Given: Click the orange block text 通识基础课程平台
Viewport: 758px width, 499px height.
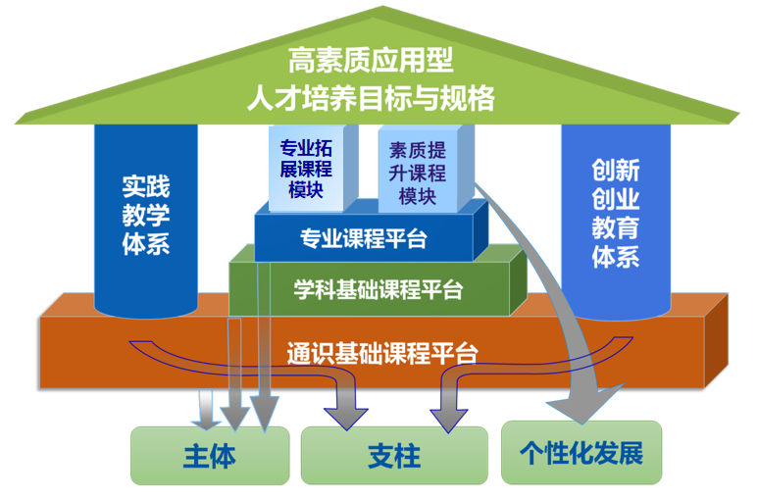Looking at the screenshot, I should tap(382, 350).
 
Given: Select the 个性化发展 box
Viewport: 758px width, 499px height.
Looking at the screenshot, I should tap(581, 452).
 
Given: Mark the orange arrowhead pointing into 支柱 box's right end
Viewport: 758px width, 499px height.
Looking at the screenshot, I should tap(449, 416).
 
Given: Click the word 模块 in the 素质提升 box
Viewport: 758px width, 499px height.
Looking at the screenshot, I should tap(417, 196).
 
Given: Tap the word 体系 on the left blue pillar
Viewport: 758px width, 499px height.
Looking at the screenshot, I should tap(145, 242).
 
